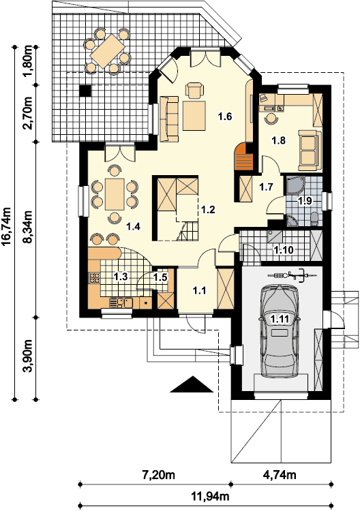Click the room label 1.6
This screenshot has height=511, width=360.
(x=225, y=117)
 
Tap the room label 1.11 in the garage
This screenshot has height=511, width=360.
(x=280, y=319)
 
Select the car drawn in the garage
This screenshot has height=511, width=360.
(x=280, y=330)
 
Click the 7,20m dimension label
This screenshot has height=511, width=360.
(x=159, y=474)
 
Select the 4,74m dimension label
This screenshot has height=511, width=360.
(x=280, y=474)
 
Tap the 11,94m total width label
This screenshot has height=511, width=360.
(x=210, y=497)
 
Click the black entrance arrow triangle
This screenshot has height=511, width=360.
(x=192, y=384)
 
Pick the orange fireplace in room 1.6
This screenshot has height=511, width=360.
(x=243, y=157)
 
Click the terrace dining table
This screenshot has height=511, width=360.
(x=108, y=51)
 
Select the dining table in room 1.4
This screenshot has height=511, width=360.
(x=115, y=194)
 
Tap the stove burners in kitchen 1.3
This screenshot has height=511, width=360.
(x=95, y=277)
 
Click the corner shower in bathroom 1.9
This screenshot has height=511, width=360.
(x=295, y=185)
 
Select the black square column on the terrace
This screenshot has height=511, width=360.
(x=85, y=91)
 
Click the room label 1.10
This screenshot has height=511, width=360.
(x=284, y=250)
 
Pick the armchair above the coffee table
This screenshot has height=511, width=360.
(x=194, y=90)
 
